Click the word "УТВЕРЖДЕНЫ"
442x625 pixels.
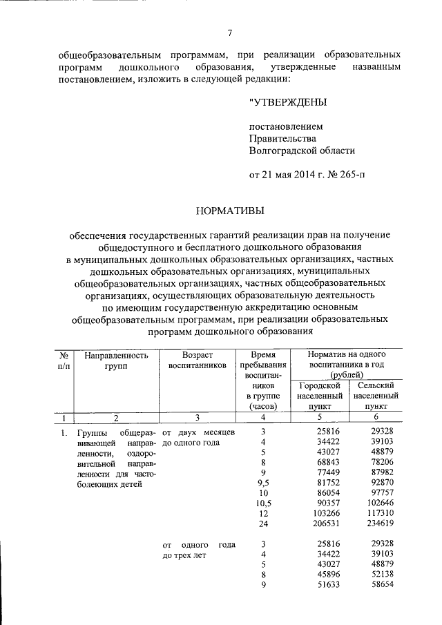coord(288,102)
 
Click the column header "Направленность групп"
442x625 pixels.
coord(116,360)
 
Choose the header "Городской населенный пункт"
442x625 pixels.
coord(319,395)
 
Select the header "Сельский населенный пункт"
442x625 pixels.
coord(376,395)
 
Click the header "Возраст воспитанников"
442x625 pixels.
coord(198,360)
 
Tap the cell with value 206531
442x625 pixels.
coord(318,525)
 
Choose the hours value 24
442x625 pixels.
coord(263,525)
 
